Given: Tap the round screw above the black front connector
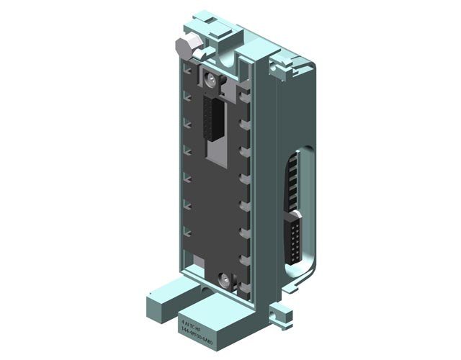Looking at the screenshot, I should pos(211,80).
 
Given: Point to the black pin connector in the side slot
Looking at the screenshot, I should pos(295,237).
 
